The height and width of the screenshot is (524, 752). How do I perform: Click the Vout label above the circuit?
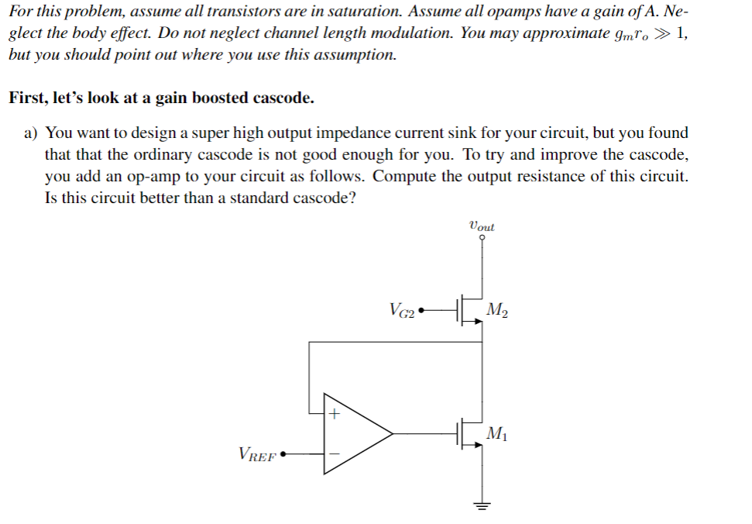click(x=482, y=226)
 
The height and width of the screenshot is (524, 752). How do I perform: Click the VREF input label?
click(x=257, y=455)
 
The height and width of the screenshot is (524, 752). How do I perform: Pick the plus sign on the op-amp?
click(x=333, y=415)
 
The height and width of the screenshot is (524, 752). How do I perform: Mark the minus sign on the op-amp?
click(x=333, y=454)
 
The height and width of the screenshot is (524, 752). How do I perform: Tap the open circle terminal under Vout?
click(x=482, y=239)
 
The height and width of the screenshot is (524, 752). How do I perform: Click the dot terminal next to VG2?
click(x=422, y=314)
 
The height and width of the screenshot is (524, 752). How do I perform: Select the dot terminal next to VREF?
click(x=283, y=454)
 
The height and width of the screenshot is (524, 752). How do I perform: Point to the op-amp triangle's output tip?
click(x=393, y=435)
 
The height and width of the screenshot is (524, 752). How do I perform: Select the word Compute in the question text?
click(x=402, y=176)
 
